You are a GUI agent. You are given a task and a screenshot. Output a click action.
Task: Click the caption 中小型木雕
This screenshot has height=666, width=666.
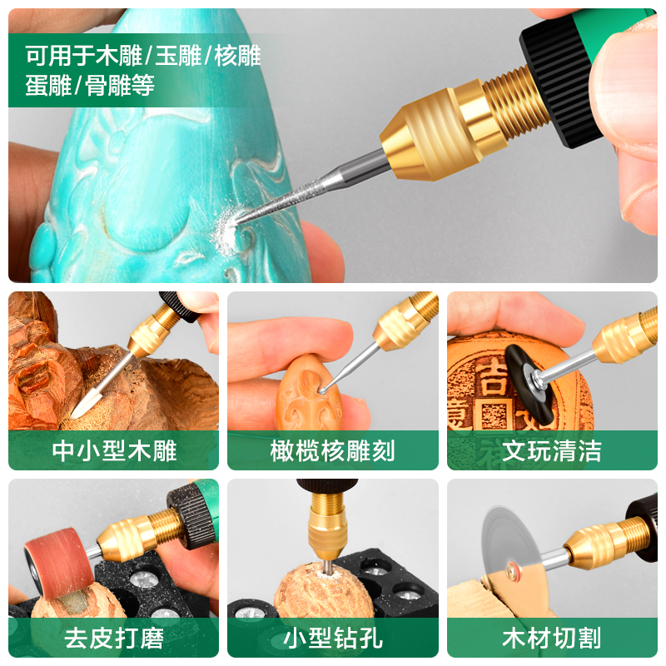point(114,451)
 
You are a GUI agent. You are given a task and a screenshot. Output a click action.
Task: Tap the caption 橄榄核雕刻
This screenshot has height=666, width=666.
point(333,451)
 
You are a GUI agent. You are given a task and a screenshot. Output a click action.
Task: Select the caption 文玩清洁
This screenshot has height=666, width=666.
point(552,451)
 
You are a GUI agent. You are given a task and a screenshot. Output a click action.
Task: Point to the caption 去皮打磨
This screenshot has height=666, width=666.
point(114,639)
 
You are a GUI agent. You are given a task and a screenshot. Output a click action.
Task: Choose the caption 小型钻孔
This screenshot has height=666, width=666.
point(333,639)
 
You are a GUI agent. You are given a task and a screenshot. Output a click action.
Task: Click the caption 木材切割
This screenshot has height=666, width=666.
point(552,639)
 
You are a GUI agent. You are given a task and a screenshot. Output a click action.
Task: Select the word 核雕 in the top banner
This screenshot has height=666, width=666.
point(238,56)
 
